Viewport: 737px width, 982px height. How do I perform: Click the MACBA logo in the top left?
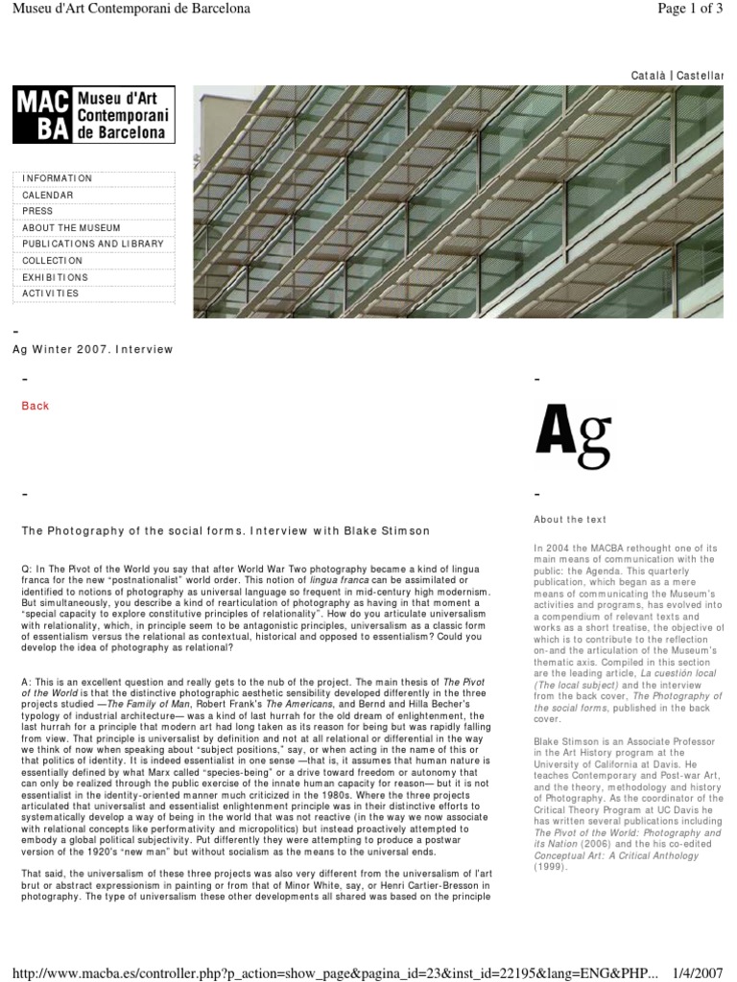coord(93,114)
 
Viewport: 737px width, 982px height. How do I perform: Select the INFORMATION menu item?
coord(57,178)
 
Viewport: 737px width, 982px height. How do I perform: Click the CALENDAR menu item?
coord(48,195)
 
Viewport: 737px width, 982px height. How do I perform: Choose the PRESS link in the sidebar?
coord(37,211)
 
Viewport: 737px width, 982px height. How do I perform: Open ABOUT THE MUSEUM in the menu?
coord(71,227)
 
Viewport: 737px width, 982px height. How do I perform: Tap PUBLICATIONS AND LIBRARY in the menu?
coord(93,244)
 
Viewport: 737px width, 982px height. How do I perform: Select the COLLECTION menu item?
coord(53,260)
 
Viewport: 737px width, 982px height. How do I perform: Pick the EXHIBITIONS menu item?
coord(55,277)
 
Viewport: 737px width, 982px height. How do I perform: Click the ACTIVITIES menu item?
coord(51,293)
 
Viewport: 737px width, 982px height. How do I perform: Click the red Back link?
coord(36,406)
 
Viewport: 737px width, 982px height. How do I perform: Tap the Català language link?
coord(649,75)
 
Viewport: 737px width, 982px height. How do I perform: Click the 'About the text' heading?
coord(570,520)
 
